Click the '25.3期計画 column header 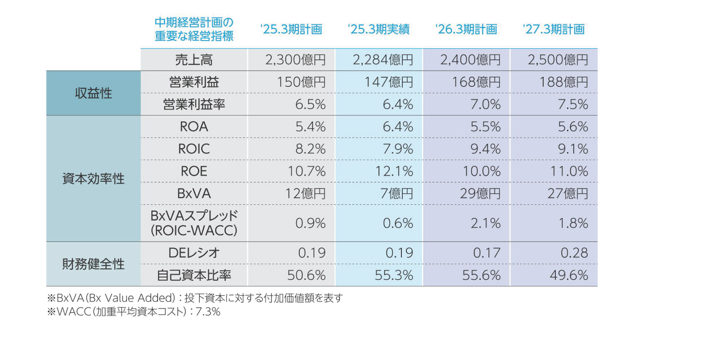(291, 29)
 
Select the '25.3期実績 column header (378, 29)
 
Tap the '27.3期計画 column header (553, 29)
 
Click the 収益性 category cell (93, 93)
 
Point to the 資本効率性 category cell (93, 179)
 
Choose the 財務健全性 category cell (93, 264)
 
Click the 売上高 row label (194, 60)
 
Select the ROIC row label (194, 149)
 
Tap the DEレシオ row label (194, 253)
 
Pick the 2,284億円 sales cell (382, 60)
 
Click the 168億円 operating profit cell (476, 82)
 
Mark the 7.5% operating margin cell (573, 104)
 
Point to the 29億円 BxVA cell (480, 193)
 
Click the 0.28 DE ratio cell (574, 253)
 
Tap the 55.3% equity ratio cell (394, 275)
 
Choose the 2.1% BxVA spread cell (486, 223)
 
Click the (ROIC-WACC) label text (194, 231)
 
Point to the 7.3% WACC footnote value (208, 312)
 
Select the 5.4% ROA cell (310, 127)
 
